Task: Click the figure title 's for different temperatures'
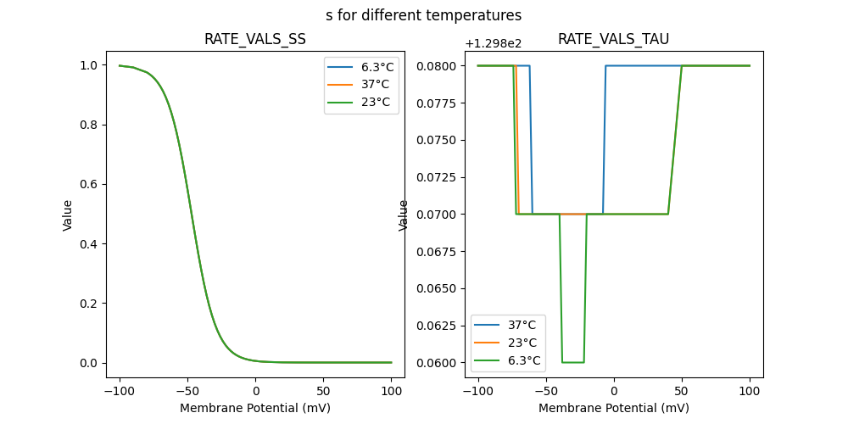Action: point(423,15)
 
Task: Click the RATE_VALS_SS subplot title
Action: point(254,39)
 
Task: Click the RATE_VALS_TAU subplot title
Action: point(613,39)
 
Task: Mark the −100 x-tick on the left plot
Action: point(120,391)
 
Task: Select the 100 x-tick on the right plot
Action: point(750,391)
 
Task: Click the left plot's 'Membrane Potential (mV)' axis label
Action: point(254,408)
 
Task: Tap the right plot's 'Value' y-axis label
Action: point(404,215)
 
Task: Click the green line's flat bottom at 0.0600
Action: point(572,362)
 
